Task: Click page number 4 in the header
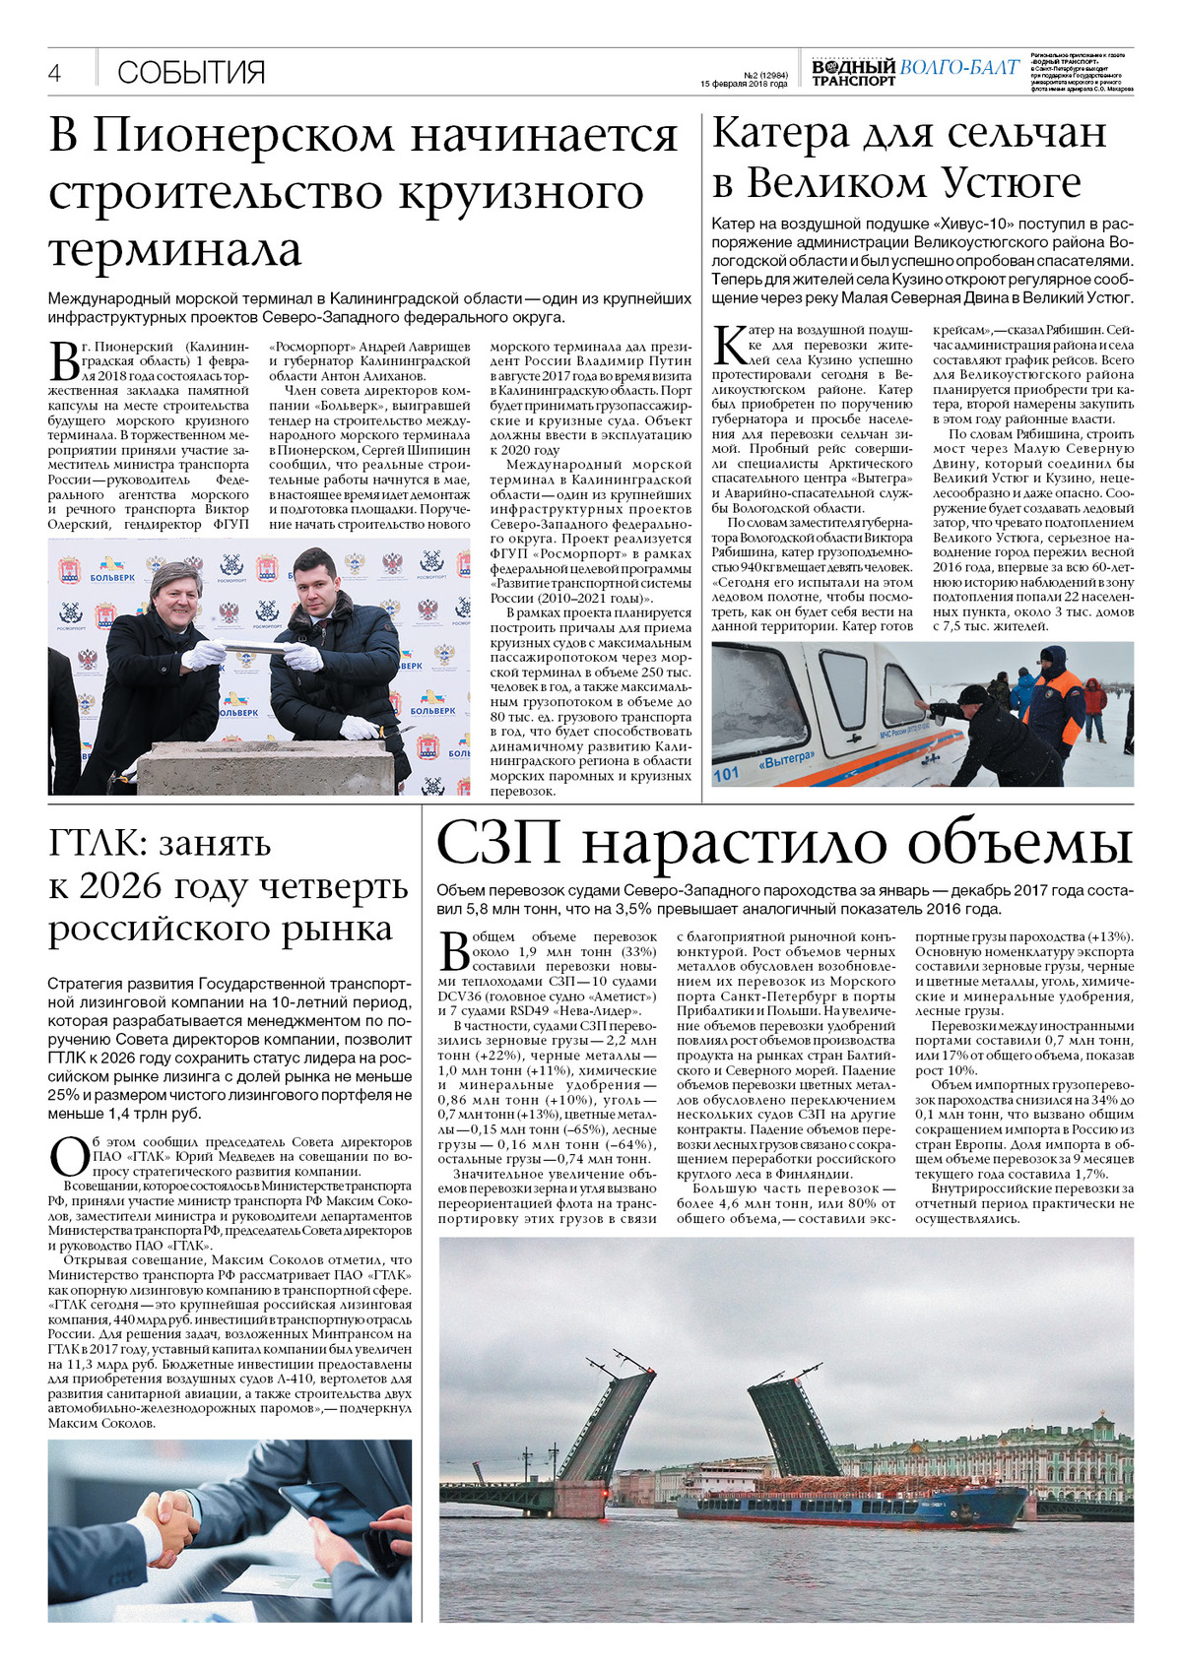[x=55, y=73]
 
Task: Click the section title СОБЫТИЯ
[x=191, y=73]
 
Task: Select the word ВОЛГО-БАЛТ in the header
[x=959, y=67]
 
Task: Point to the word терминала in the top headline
[x=175, y=249]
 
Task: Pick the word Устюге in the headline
[x=1012, y=183]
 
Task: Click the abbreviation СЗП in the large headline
[x=498, y=843]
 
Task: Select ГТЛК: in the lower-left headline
[x=93, y=844]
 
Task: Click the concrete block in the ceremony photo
[x=266, y=766]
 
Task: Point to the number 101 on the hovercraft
[x=726, y=773]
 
